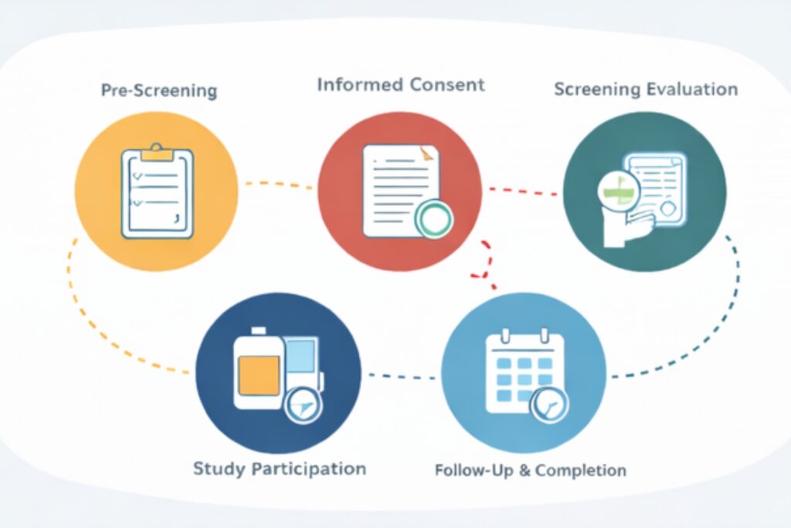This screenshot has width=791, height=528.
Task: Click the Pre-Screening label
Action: click(x=158, y=90)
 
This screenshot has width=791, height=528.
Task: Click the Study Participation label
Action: click(x=279, y=469)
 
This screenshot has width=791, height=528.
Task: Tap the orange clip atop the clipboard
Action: click(x=158, y=151)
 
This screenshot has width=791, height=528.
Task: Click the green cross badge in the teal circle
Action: click(x=619, y=188)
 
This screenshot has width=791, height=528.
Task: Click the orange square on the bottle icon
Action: click(x=259, y=375)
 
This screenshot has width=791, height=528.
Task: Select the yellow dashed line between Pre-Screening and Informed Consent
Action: click(x=278, y=184)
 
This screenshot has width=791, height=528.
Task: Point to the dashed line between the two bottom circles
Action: click(x=402, y=377)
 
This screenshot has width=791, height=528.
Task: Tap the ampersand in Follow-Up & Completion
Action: click(x=524, y=470)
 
